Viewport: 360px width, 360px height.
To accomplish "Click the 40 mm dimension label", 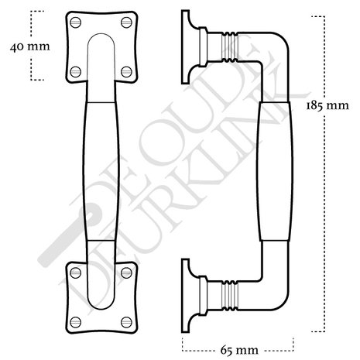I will pyautogui.click(x=29, y=46).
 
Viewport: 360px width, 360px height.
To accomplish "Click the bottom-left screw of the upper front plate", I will pyautogui.click(x=75, y=71).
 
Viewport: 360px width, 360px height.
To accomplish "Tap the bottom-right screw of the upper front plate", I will pyautogui.click(x=124, y=71).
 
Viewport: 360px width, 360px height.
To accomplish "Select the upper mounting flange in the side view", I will pyautogui.click(x=187, y=46).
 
